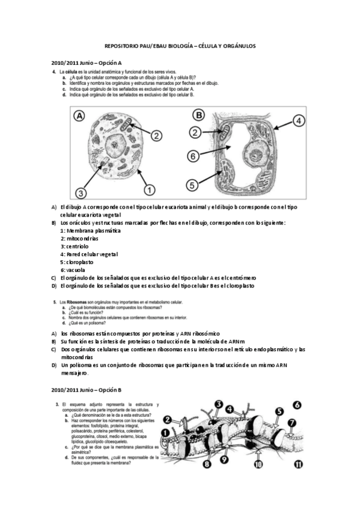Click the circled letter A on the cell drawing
pyautogui.click(x=78, y=116)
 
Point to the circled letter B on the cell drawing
pyautogui.click(x=198, y=115)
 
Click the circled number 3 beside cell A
pyautogui.click(x=81, y=192)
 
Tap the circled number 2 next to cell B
pyautogui.click(x=195, y=132)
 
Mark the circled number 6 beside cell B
pyautogui.click(x=193, y=156)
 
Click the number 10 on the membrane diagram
pyautogui.click(x=258, y=464)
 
